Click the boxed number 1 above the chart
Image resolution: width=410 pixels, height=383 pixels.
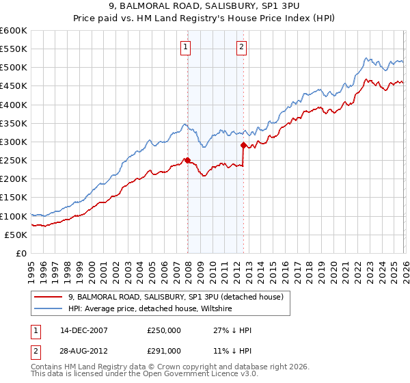point(186,47)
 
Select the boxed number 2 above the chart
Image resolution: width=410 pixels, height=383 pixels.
point(242,47)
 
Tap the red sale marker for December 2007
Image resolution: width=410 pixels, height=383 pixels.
point(187,160)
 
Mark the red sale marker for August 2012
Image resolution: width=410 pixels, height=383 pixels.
point(243,145)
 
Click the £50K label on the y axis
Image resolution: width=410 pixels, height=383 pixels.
point(16,235)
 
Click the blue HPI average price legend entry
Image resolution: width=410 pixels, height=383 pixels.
point(150,309)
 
